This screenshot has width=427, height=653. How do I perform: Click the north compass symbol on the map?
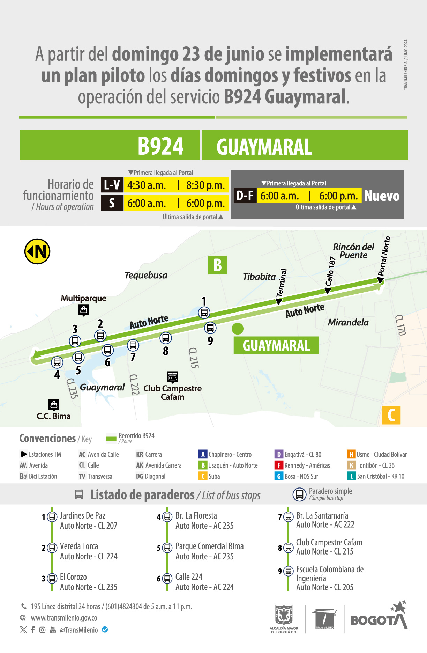click(x=37, y=251)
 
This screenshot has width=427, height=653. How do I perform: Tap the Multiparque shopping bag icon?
click(x=84, y=310)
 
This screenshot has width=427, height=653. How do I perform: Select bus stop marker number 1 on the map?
click(x=204, y=313)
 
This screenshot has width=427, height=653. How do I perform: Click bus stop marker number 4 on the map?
click(x=57, y=362)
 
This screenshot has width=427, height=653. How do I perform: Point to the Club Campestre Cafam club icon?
click(x=173, y=377)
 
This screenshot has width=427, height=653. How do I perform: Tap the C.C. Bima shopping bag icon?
click(x=54, y=405)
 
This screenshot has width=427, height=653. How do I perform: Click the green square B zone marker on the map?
click(x=217, y=265)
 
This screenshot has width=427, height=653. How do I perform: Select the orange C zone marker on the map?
click(x=391, y=415)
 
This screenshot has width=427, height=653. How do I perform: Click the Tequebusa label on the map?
click(x=146, y=276)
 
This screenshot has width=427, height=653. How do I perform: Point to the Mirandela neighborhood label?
click(x=348, y=322)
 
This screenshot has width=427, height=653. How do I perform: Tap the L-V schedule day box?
click(x=112, y=185)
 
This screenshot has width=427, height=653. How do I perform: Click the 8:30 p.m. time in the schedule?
click(x=205, y=185)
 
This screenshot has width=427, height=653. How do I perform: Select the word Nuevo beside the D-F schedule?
click(x=382, y=196)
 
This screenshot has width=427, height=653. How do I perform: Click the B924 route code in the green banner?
click(x=160, y=146)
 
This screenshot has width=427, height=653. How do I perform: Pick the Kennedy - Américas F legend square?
click(x=279, y=465)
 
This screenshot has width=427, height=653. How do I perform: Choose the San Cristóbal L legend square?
click(x=351, y=476)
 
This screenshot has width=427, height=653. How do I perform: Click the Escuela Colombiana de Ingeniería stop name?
click(x=330, y=574)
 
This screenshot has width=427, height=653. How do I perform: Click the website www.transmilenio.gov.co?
click(x=64, y=618)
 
